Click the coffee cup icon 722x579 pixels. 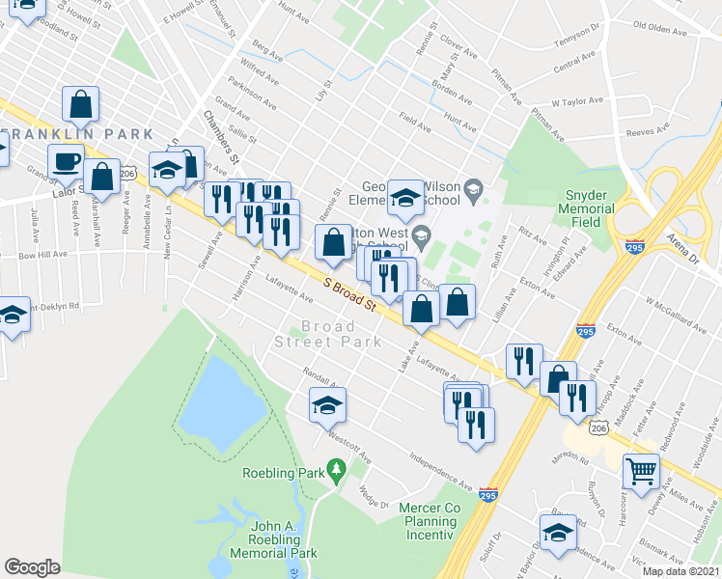point(66,161)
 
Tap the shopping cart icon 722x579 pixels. point(641,471)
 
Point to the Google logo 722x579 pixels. point(32,566)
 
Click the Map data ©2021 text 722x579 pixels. point(680,571)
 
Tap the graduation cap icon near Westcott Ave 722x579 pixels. point(327,406)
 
